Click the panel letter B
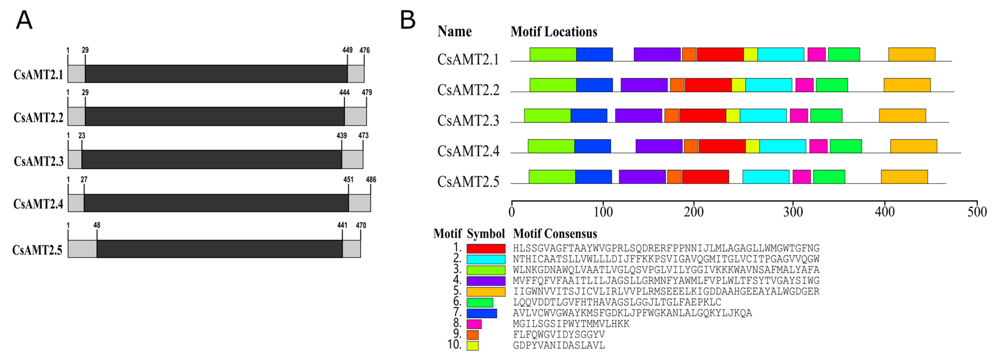[x=408, y=20]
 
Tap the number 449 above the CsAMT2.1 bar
[x=347, y=50]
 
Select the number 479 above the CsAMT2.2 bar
[x=367, y=92]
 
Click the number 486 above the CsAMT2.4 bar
[x=371, y=179]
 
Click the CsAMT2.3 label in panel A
[x=39, y=161]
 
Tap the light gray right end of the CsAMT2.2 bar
[x=355, y=116]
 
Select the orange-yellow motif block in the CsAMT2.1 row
[x=911, y=55]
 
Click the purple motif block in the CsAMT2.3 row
[x=638, y=115]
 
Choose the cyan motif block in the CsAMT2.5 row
[x=766, y=176]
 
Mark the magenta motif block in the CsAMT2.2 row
[x=804, y=85]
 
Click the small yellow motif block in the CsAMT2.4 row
[x=752, y=146]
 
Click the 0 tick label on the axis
[x=512, y=212]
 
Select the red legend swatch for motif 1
[x=486, y=248]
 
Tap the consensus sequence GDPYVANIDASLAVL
[x=558, y=345]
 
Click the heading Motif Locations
[x=553, y=32]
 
